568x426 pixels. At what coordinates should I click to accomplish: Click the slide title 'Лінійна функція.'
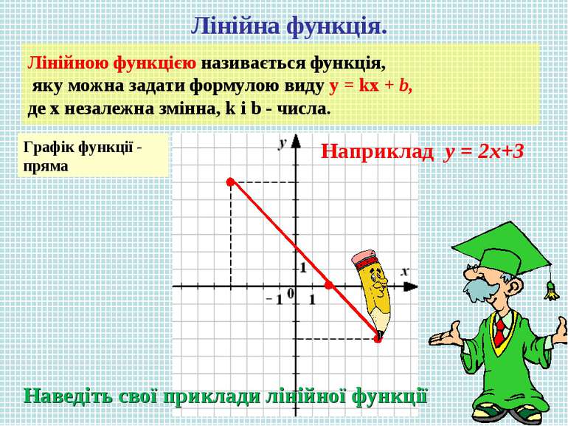tap(288, 27)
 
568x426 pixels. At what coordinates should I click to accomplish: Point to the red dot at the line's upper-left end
tap(230, 181)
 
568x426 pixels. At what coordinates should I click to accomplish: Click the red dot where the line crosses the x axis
tap(329, 284)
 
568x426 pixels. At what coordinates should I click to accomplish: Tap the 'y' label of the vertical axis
tap(282, 144)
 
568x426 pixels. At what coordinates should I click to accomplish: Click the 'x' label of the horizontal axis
tap(404, 272)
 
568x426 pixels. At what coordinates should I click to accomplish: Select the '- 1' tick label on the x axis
tap(274, 299)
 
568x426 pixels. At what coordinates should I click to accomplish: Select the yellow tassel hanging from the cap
tap(549, 290)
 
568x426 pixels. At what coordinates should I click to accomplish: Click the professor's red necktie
tap(500, 328)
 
